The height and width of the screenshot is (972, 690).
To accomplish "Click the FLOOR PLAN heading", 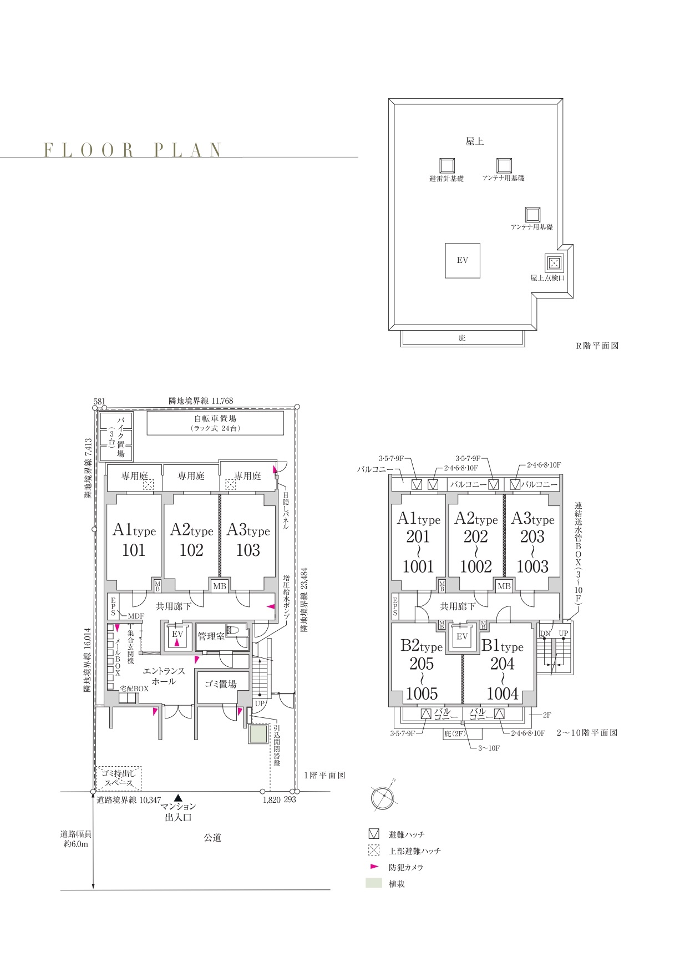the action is [x=133, y=150].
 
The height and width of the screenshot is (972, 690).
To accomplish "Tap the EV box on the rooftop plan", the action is [x=463, y=260].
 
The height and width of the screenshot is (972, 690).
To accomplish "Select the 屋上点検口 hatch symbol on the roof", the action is [x=554, y=262].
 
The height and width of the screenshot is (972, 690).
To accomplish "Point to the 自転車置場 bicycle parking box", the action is [x=215, y=423].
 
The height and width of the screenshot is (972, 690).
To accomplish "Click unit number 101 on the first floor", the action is [x=134, y=550].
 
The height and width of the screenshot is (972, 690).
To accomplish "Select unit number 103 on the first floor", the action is [x=248, y=550].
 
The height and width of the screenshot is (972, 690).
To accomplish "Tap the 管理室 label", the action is [x=211, y=636].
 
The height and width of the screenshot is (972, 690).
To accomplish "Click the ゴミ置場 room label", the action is [x=221, y=684].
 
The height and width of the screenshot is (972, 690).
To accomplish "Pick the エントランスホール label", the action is [x=164, y=676].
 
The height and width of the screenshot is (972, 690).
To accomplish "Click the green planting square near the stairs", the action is [x=258, y=735].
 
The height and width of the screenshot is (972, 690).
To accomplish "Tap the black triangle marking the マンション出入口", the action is [x=178, y=797].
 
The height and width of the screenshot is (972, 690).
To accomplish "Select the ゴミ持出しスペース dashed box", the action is [x=119, y=778].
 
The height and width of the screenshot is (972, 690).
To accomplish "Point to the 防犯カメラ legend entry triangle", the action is [x=374, y=867].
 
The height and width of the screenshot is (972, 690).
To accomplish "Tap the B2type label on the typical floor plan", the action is [x=422, y=646].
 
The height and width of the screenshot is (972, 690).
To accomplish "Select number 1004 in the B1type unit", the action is [x=503, y=693].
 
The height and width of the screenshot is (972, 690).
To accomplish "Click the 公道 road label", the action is [x=212, y=838].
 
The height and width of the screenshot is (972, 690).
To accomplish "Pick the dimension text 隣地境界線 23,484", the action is [x=304, y=600].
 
